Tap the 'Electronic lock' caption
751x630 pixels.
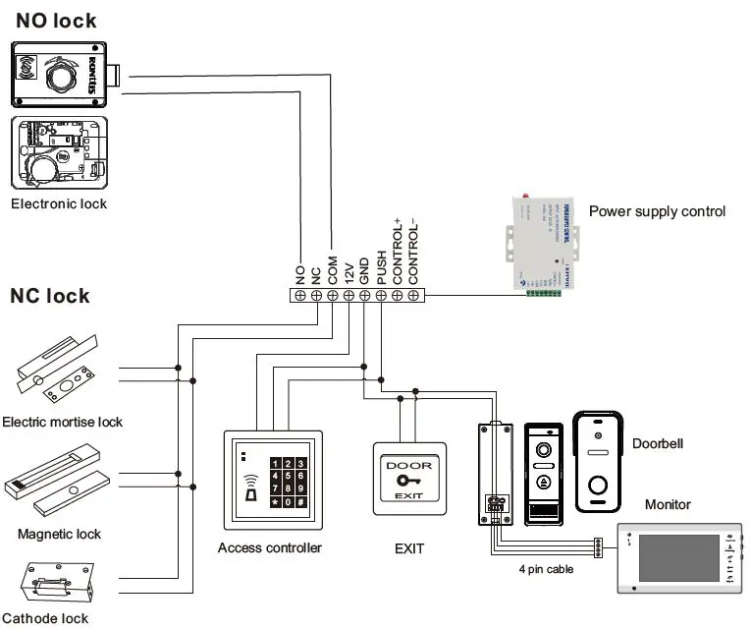click(59, 203)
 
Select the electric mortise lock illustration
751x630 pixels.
click(59, 374)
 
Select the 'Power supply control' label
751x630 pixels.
click(657, 211)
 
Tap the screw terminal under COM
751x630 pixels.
click(332, 295)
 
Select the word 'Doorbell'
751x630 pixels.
click(657, 443)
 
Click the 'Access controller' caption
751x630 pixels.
click(269, 547)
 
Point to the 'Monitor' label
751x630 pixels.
click(668, 504)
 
